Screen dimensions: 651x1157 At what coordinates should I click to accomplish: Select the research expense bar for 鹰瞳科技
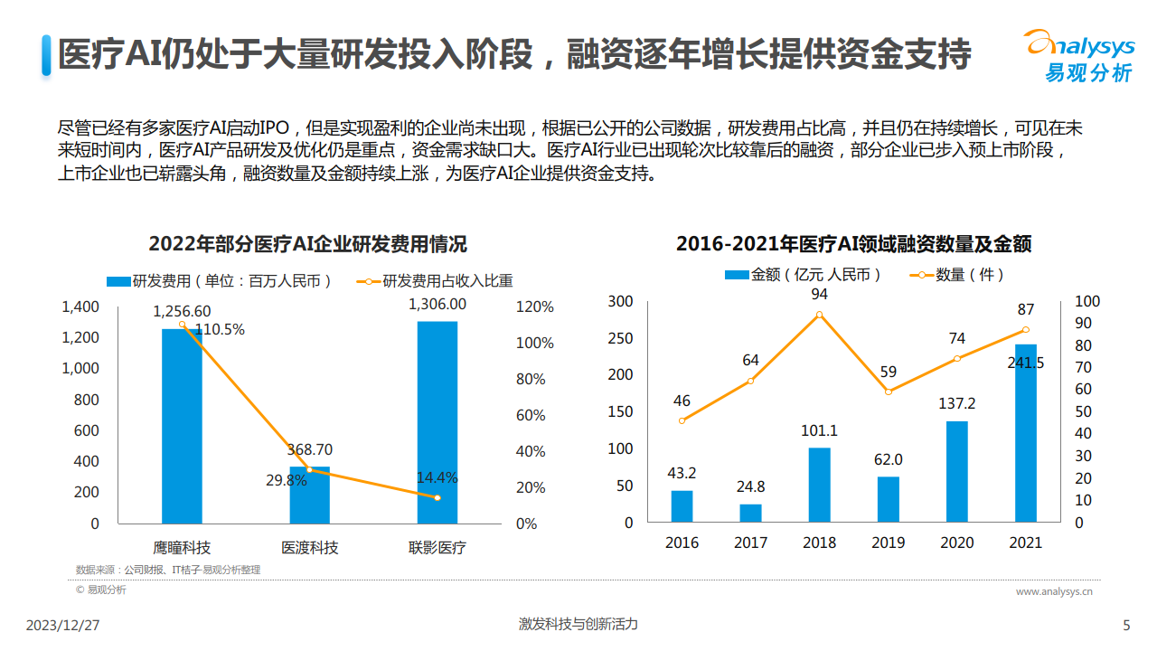point(182,425)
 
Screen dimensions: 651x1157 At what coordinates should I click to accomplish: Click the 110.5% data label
point(220,330)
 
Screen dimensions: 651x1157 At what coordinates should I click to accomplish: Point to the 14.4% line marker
point(437,497)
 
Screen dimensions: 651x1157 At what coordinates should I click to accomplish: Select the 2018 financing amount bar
point(819,485)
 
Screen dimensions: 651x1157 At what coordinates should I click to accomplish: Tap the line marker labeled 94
point(819,315)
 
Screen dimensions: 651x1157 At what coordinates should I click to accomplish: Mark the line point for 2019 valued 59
point(888,392)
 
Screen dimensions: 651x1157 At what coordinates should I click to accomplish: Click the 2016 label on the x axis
point(682,542)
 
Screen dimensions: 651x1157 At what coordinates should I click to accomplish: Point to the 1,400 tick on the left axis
point(80,307)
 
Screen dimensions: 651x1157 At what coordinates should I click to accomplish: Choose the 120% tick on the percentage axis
point(535,307)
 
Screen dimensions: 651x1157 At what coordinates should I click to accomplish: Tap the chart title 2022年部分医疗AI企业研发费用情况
point(308,244)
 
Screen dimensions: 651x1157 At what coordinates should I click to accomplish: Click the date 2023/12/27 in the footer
point(62,626)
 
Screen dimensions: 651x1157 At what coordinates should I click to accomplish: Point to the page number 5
point(1126,626)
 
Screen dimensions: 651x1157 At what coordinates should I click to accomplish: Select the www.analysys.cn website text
point(1054,591)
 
